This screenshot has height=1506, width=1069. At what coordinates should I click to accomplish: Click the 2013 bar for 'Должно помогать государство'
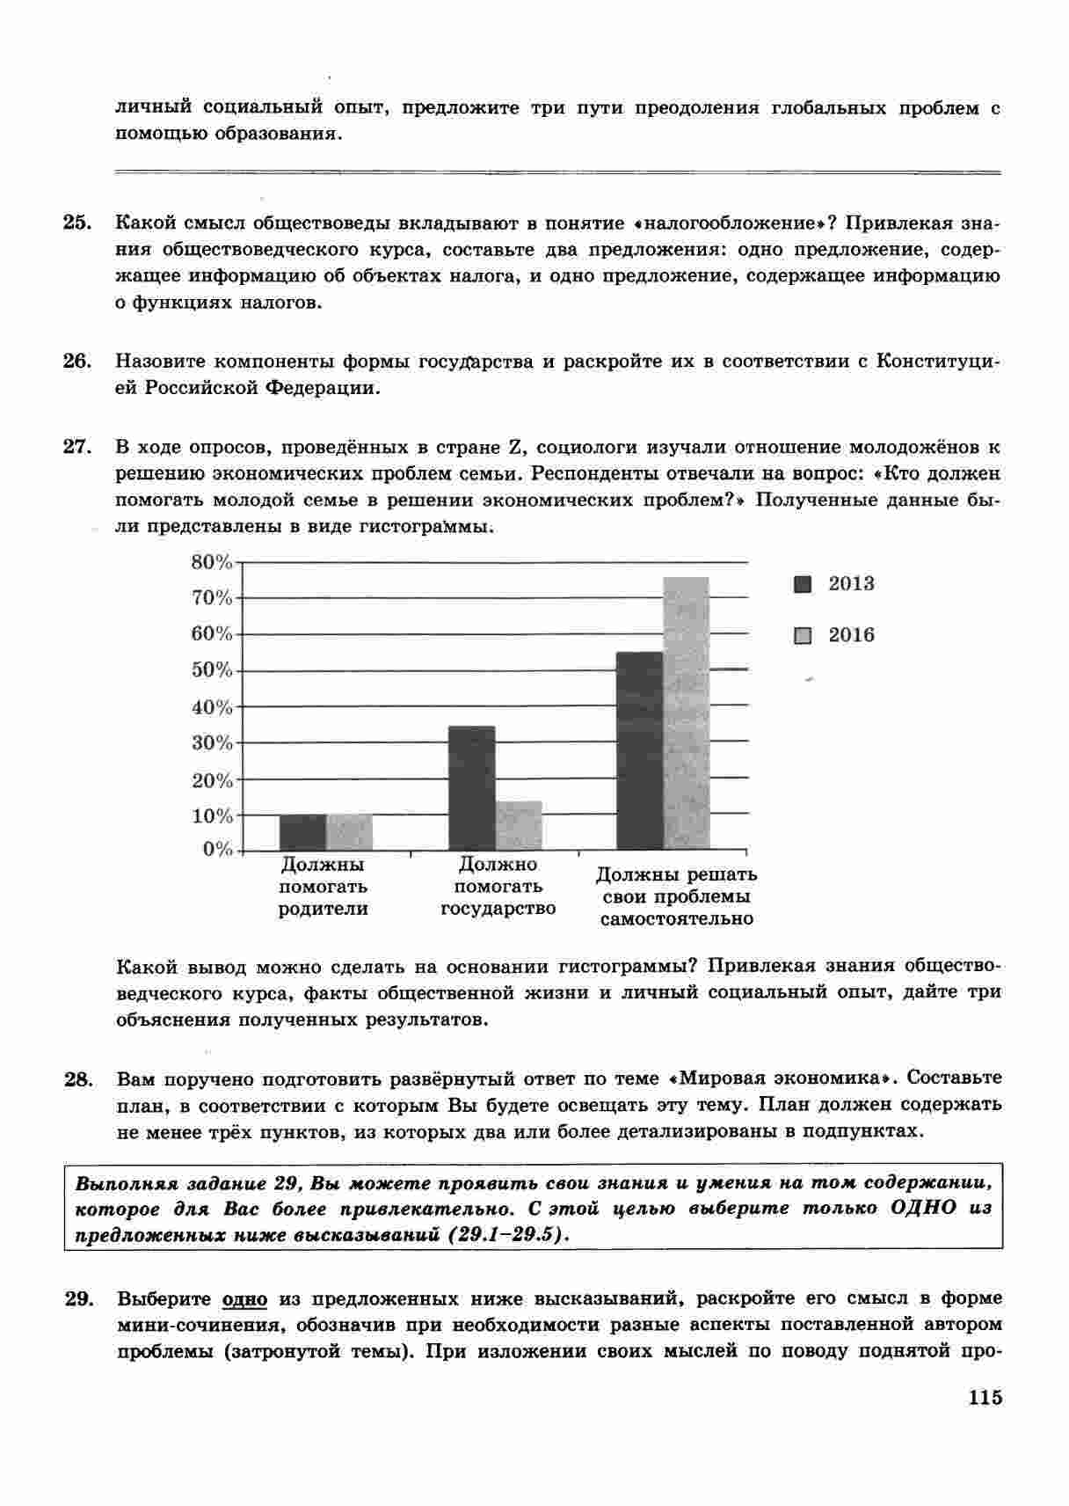tap(472, 787)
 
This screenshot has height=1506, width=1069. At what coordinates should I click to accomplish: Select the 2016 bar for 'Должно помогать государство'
tap(519, 825)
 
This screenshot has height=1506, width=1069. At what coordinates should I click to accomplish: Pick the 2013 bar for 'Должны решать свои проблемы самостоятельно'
tap(640, 750)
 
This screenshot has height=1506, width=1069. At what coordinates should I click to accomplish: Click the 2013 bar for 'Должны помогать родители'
tap(303, 832)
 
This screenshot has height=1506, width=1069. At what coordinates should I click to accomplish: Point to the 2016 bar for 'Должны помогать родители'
tap(350, 832)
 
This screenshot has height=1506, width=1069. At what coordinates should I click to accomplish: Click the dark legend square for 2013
tap(803, 585)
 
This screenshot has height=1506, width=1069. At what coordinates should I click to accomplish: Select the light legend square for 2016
tap(803, 636)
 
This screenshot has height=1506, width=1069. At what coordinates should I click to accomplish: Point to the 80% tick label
tap(212, 562)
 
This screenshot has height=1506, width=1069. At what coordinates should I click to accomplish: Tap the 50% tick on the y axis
tap(212, 670)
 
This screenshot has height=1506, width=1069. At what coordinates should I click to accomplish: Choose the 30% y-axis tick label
tap(212, 743)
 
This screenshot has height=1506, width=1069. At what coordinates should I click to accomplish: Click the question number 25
tap(77, 223)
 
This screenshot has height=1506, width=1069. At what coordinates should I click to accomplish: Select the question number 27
tap(77, 447)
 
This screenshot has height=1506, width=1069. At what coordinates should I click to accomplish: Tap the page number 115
tap(985, 1398)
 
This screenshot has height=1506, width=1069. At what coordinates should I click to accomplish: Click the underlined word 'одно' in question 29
tap(244, 1299)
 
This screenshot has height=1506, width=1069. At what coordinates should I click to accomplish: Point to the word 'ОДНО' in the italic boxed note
tap(923, 1208)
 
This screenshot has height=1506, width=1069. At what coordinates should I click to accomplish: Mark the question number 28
tap(77, 1078)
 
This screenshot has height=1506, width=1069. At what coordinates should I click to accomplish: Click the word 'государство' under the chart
tap(498, 909)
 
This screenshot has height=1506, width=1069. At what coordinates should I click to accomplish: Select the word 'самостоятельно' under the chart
tap(676, 919)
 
